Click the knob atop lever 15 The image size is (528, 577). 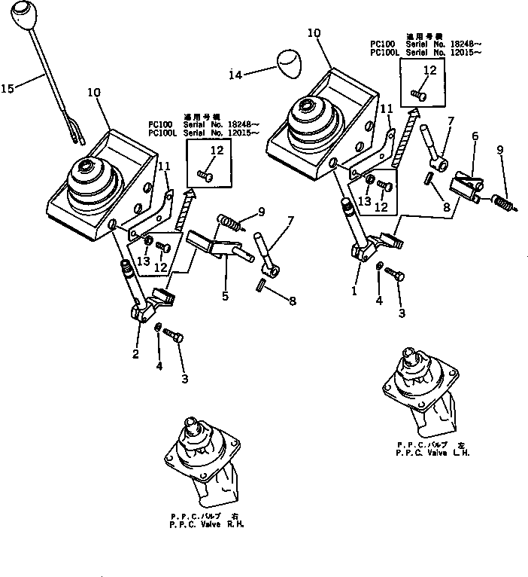pyautogui.click(x=24, y=15)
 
